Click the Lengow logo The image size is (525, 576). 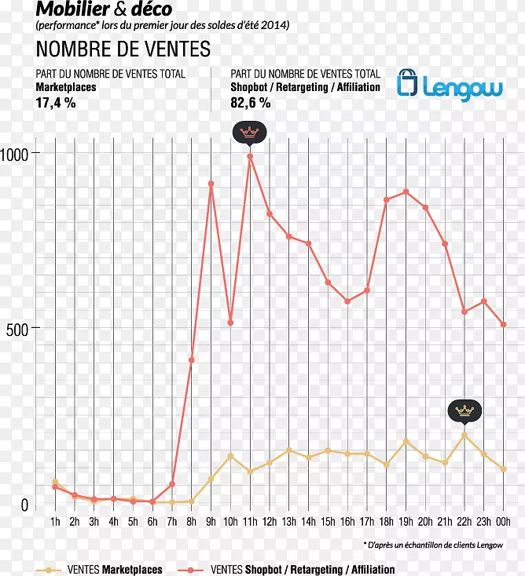450,85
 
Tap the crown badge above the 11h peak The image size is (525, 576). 250,132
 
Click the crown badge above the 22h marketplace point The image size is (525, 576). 464,410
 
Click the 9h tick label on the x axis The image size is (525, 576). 211,522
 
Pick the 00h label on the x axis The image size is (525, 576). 504,522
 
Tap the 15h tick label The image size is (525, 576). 328,522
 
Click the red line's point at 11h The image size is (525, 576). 250,156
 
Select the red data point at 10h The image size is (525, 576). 230,323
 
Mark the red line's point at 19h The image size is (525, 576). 406,191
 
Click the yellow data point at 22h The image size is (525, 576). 464,435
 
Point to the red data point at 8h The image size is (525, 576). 192,360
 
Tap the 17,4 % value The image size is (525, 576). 56,102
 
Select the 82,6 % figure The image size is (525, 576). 251,102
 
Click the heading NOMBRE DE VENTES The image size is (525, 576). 123,49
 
